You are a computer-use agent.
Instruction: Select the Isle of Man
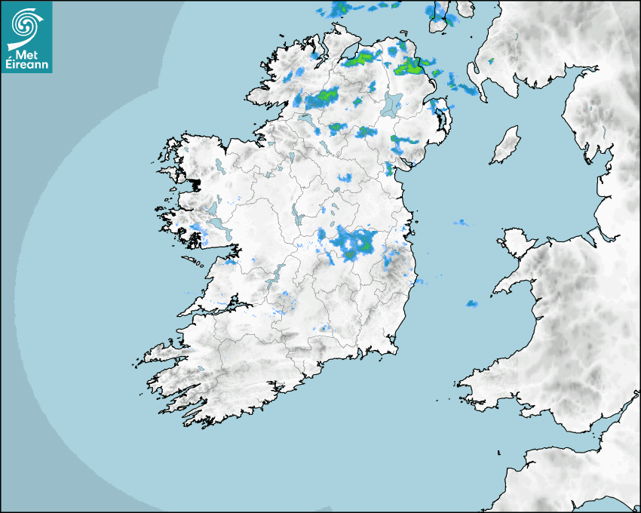[x=506, y=145]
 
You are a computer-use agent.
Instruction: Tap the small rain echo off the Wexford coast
[x=472, y=303]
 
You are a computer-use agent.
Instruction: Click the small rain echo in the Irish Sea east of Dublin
[x=460, y=223]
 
